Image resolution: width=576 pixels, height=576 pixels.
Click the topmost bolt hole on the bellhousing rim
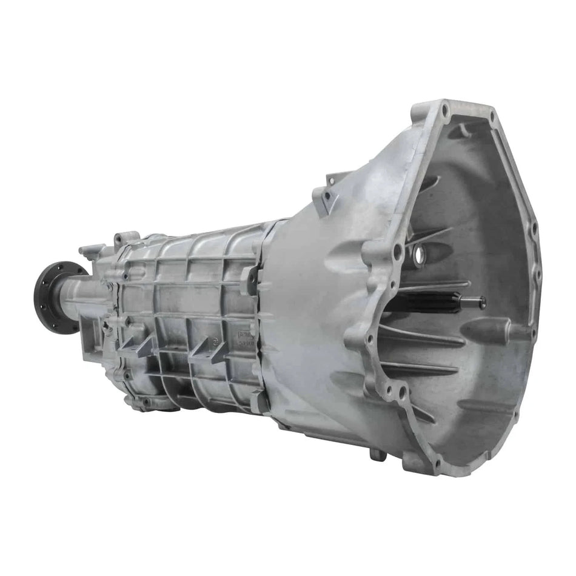[x=446, y=111]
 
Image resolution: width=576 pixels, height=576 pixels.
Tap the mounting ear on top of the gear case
[x=128, y=238]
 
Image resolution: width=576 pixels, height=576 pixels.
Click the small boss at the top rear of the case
[x=91, y=249]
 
